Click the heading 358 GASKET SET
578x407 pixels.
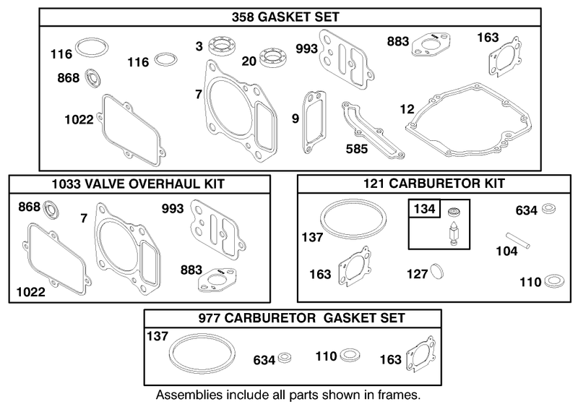(x=285, y=17)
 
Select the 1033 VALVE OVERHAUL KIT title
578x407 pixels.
(x=138, y=184)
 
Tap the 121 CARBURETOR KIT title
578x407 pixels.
(x=434, y=183)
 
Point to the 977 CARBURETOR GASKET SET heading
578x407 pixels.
(x=301, y=317)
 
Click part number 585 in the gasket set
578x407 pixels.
(x=357, y=149)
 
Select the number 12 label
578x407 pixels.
(x=407, y=109)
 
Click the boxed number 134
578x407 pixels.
(x=424, y=209)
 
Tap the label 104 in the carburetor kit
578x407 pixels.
(x=507, y=252)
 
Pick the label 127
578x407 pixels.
(x=418, y=274)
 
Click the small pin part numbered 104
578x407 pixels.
(x=519, y=239)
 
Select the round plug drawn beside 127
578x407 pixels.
(x=436, y=272)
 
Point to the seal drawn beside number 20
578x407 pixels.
(x=273, y=58)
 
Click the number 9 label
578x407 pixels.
(x=296, y=119)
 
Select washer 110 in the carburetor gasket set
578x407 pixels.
(x=350, y=356)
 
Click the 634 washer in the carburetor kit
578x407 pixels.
(x=548, y=209)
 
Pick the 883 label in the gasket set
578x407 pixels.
(x=398, y=41)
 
